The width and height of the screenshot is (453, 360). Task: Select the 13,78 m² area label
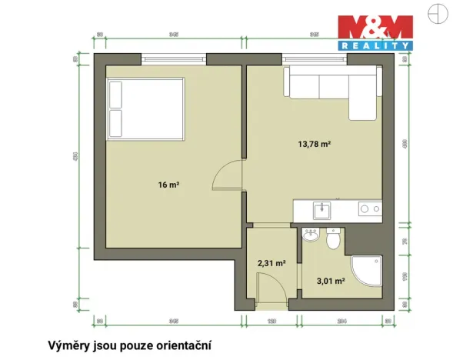315,142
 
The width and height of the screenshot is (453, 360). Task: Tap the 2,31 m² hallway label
271,262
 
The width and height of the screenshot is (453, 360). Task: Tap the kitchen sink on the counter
321,208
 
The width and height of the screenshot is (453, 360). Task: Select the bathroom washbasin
311,236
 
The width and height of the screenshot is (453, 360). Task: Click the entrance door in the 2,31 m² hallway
266,289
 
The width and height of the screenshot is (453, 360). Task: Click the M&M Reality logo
377,32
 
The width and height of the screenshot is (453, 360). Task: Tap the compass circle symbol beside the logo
438,13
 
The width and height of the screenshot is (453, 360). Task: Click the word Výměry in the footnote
68,345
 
